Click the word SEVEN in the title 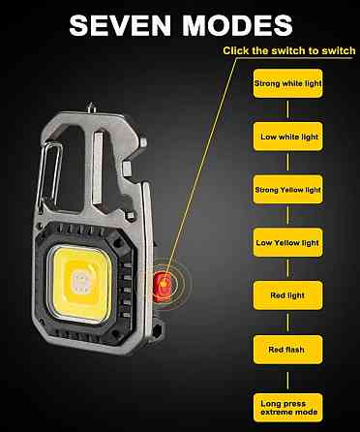[x=120, y=25]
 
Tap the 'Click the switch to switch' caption [x=289, y=50]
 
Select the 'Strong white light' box [x=287, y=83]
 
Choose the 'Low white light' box [x=287, y=137]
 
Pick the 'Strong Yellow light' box [x=287, y=190]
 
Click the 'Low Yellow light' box [x=287, y=242]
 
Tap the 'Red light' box [x=287, y=295]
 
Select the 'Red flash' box [x=287, y=350]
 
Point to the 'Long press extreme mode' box [x=287, y=408]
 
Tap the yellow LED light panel [x=80, y=284]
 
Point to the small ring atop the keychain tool [x=91, y=108]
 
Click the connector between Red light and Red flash [x=287, y=323]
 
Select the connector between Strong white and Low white [x=287, y=110]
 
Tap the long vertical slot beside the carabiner [x=98, y=169]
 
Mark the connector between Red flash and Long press [x=287, y=379]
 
